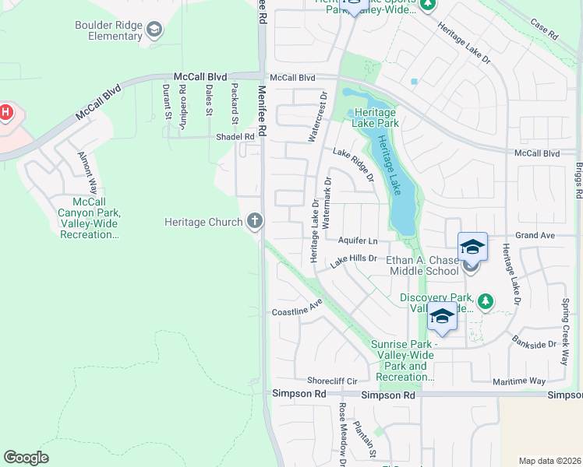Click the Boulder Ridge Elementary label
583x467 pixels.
pos(108,30)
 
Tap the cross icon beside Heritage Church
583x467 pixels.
pos(254,222)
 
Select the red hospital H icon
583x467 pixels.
pos(5,113)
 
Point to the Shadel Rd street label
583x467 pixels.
pos(235,137)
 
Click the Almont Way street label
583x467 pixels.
pos(87,174)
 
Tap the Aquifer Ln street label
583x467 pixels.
pos(358,241)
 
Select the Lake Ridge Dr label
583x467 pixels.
pos(354,164)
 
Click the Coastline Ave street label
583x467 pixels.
pos(297,309)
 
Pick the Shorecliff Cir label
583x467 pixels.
pos(331,381)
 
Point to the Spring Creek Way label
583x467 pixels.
pos(567,321)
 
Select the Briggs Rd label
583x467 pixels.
pos(578,180)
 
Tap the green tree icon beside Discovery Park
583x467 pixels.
pos(485,300)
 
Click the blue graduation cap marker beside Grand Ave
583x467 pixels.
pos(472,247)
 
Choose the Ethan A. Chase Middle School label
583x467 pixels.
pos(423,265)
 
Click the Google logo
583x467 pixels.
pos(26,458)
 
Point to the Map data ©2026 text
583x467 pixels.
pos(549,461)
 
